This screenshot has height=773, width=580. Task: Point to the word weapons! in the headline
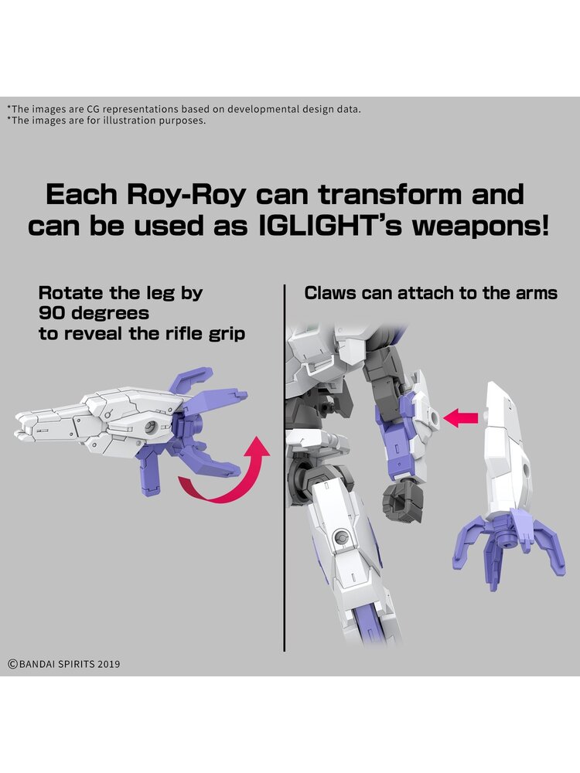pyautogui.click(x=480, y=226)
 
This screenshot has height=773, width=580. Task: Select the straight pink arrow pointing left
pyautogui.click(x=461, y=418)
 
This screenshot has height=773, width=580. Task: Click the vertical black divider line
pyautogui.click(x=285, y=468)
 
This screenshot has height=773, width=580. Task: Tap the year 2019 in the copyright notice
pyautogui.click(x=108, y=664)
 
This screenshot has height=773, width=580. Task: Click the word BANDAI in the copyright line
pyautogui.click(x=37, y=664)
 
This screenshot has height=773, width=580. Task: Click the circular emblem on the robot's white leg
pyautogui.click(x=339, y=536)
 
